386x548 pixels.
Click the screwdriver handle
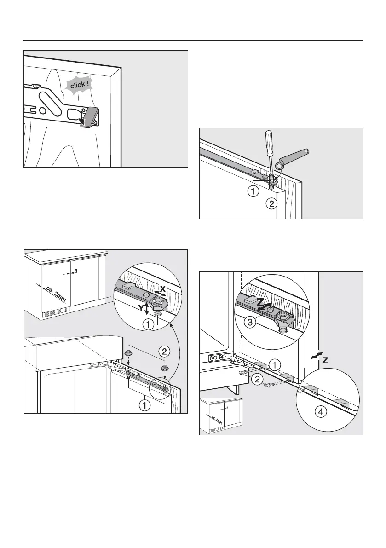[x=268, y=141]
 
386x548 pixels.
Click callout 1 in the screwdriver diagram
[x=253, y=191]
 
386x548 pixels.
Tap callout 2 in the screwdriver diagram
[x=271, y=203]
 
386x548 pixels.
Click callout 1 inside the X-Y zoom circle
[x=148, y=325]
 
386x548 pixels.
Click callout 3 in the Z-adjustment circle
[x=250, y=322]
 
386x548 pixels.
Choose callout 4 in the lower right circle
[x=321, y=412]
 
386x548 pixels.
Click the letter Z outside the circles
[x=324, y=360]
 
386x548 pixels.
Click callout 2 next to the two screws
[x=257, y=379]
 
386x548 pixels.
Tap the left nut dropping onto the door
[x=128, y=353]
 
